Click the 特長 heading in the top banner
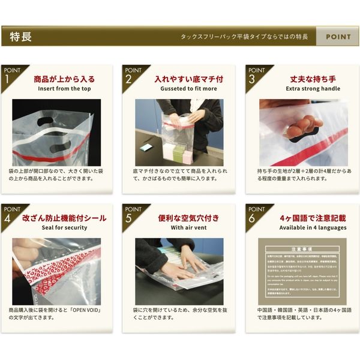click(21, 37)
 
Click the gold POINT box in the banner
click(338, 37)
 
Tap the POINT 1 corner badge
click(11, 75)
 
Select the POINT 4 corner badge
click(11, 214)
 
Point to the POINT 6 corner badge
click(256, 214)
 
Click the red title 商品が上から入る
click(64, 79)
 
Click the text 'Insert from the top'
click(64, 89)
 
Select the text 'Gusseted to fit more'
click(188, 89)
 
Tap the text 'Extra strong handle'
click(313, 89)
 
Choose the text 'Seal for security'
click(64, 228)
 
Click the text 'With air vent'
click(188, 228)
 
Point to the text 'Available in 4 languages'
click(313, 228)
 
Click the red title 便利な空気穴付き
click(188, 218)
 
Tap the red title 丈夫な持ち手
click(313, 79)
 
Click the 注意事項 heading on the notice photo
click(303, 247)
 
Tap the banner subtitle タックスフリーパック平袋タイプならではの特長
click(244, 37)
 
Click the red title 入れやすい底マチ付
click(188, 79)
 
